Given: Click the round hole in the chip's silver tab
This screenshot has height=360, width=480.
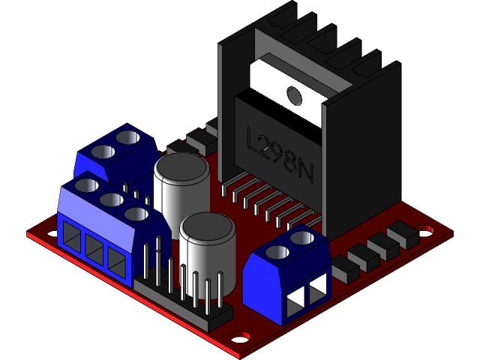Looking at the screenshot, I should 292,94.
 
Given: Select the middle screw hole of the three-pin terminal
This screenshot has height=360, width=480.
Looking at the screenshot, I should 111,199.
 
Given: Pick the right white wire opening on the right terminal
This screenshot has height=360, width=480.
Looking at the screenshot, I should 318,288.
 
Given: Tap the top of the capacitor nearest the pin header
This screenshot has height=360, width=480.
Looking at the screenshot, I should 208,225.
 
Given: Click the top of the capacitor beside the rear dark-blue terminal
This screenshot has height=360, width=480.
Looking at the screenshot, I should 181,167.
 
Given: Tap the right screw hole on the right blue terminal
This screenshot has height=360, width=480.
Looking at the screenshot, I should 303,238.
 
